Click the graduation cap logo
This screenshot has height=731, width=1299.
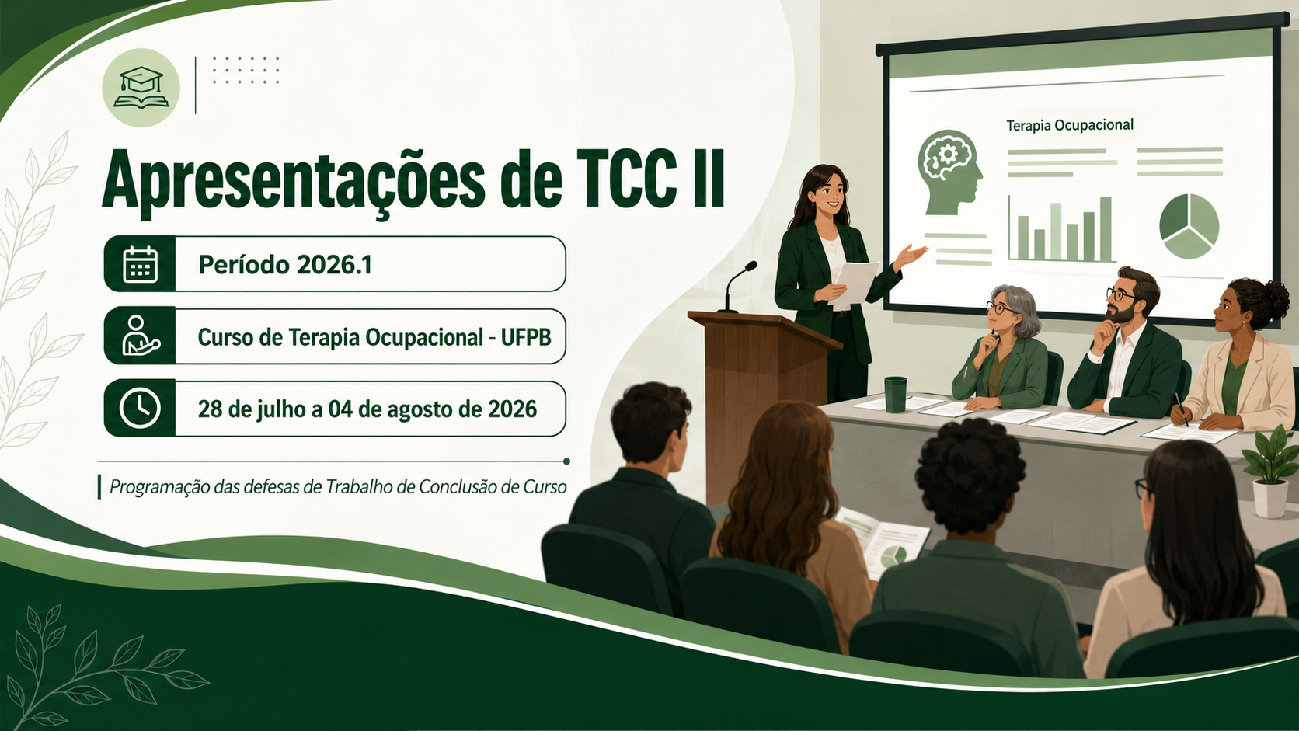pos(141,88)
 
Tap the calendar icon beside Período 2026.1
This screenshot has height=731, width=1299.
pos(141,264)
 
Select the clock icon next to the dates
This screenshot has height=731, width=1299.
pos(140,409)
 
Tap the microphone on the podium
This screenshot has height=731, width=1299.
pos(737,287)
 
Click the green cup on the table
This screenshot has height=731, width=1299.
pos(895,395)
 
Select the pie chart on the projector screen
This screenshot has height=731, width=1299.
pos(1189,226)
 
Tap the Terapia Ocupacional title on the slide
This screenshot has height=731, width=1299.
pos(1069,125)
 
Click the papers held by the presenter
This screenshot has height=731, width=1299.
pos(856,282)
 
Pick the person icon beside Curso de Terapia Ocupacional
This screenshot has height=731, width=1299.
pos(141,336)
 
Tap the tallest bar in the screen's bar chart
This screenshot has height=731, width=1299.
pos(1106,229)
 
